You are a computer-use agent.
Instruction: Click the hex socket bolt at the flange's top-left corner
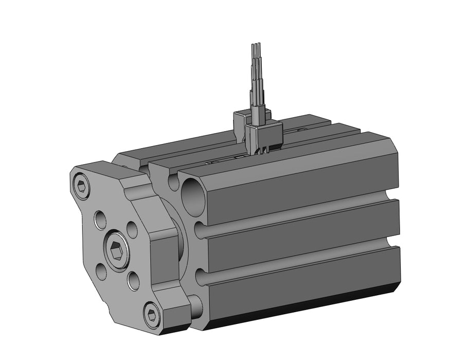pyautogui.click(x=81, y=186)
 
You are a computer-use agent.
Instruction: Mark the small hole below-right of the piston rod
pyautogui.click(x=133, y=280)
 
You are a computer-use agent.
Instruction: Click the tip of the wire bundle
pyautogui.click(x=256, y=47)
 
